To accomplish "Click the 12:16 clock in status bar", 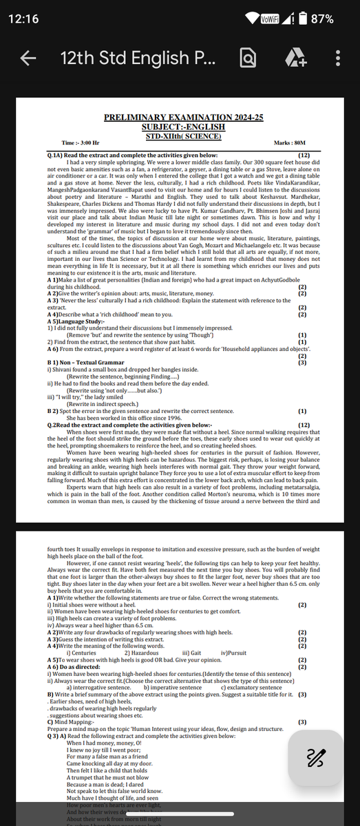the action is coord(24,19).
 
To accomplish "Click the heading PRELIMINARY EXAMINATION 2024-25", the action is coord(183,118).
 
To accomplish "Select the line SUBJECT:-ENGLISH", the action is coord(183,127).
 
